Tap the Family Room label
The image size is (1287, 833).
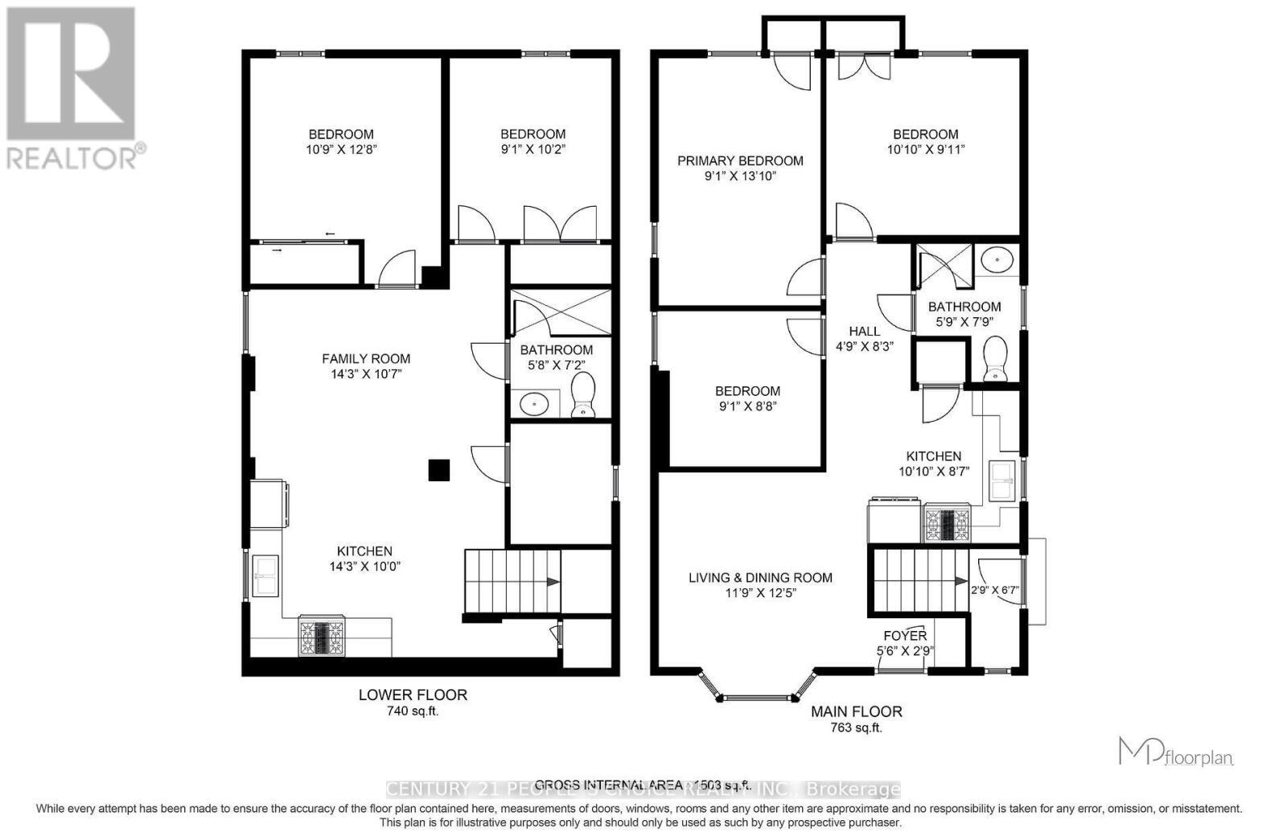[366, 359]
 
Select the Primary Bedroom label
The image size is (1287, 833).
[740, 161]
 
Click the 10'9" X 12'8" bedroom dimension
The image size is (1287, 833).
[341, 149]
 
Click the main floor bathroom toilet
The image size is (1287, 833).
[996, 360]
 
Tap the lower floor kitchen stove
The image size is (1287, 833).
[322, 636]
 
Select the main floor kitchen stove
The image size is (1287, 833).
[948, 523]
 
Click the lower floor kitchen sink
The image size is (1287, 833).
[265, 575]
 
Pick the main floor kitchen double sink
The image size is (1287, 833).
[1002, 480]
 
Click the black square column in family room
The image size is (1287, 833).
[438, 470]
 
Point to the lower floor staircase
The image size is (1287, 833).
[512, 581]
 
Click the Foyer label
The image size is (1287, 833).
[905, 636]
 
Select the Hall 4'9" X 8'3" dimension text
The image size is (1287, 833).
[865, 346]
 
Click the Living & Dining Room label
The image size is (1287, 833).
[760, 578]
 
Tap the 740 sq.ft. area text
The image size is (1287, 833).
[413, 711]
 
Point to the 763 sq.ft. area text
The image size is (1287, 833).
[856, 728]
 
